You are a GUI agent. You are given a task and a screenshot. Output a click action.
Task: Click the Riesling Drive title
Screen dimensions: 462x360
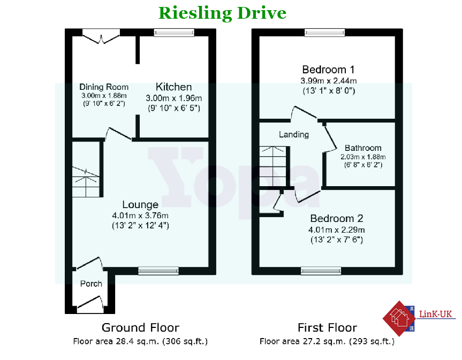point(222,13)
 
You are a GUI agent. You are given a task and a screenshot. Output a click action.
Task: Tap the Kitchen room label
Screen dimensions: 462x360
point(174,87)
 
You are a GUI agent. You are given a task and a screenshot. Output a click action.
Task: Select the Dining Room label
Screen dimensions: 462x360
point(104,87)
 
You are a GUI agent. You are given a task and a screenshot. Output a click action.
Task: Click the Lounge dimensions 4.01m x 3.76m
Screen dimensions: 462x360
point(140,216)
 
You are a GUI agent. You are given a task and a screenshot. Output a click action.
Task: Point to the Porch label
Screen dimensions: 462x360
point(91,284)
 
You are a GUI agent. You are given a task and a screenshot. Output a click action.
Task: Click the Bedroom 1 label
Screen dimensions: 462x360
point(329,70)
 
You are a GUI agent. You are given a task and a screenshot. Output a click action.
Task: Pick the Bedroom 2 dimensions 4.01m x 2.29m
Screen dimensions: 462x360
point(337,229)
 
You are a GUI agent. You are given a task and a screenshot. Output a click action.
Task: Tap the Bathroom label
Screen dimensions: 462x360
point(363,148)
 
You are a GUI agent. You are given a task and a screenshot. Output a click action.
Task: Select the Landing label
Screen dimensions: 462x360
point(294,134)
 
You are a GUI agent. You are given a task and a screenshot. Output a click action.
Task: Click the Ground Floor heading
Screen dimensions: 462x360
point(141,327)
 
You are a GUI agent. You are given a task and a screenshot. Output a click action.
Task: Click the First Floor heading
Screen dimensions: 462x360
point(327,327)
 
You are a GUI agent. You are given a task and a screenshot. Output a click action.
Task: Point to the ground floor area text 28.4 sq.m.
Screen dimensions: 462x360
point(140,341)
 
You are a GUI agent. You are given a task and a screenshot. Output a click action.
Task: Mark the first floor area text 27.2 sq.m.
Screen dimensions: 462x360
point(327,341)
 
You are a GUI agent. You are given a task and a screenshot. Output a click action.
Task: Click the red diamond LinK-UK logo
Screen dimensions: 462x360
point(399,319)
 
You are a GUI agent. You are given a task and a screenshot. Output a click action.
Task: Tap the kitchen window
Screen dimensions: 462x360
point(174,33)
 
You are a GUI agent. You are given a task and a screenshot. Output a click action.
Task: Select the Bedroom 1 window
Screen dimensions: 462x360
point(325,33)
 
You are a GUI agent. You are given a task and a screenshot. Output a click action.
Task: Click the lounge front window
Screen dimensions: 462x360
point(158,271)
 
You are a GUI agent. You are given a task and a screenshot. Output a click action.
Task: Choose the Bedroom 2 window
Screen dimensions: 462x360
point(321,271)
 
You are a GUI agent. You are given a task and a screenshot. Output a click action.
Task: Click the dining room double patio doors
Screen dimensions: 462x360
point(101,36)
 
